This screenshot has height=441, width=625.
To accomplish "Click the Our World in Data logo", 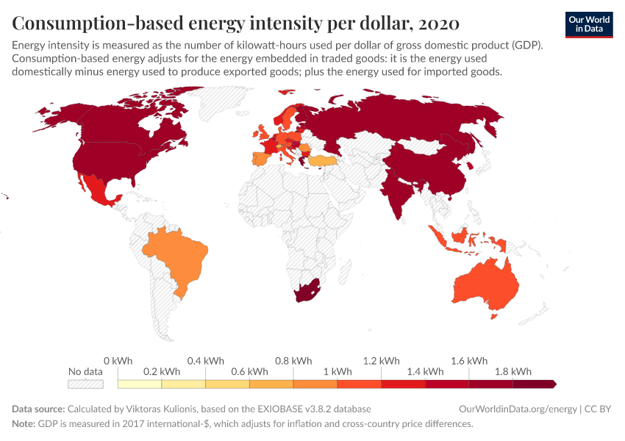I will pos(588,24).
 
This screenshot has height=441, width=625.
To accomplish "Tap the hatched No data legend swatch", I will pos(85,384).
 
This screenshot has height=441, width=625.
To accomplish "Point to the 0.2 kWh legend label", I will pos(161,371).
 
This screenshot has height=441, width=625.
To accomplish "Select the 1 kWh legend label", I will pos(337,371).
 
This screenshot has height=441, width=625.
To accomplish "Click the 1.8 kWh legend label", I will pos(513,371).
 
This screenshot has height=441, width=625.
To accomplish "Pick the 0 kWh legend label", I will pos(118,361).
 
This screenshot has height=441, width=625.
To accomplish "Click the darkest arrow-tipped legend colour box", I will pos(535,384).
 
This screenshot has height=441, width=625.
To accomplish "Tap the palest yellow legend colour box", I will pos(139,384).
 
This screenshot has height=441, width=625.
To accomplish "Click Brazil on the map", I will pos(179,254).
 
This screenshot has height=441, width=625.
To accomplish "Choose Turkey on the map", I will pos(321,160).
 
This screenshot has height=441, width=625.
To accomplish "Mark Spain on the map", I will pos(260,159).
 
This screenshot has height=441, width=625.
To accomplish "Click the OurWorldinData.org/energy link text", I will pos(517,409).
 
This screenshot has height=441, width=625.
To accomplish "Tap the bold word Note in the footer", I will pos(24,424).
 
